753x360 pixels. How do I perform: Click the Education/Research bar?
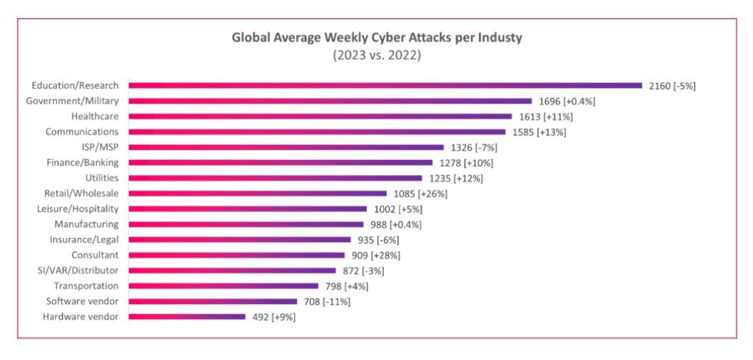point(385,86)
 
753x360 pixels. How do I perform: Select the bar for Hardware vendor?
point(187,317)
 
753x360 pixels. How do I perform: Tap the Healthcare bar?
point(318,117)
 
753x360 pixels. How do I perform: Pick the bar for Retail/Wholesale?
point(257,193)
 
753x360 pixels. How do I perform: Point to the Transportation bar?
point(223,286)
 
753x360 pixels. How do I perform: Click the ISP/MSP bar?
point(286,147)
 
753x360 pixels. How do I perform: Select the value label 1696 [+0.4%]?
point(566,101)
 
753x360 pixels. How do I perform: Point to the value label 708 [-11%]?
point(327,301)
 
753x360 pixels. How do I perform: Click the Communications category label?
point(82,131)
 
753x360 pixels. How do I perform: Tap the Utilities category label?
point(102,178)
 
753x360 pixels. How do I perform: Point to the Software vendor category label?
point(82,301)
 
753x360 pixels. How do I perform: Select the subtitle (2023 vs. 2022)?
point(376,55)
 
